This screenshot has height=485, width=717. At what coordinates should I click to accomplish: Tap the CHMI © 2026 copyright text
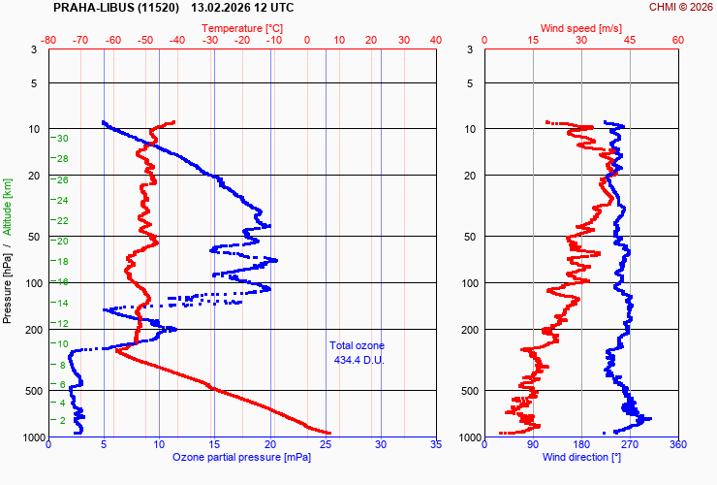680,8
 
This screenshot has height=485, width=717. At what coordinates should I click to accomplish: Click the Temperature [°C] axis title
243,29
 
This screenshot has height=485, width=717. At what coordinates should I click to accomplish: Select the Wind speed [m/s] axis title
581,29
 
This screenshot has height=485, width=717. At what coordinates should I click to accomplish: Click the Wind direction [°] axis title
581,457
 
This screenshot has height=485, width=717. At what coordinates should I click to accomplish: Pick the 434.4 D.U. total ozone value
357,360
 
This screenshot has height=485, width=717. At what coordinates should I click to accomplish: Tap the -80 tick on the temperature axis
49,41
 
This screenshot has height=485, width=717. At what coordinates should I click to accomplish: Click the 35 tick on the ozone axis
436,445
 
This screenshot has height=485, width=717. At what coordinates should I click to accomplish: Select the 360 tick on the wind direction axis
678,445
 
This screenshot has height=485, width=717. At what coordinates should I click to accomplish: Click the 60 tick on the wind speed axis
678,41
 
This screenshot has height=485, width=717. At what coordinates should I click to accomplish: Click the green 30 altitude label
62,139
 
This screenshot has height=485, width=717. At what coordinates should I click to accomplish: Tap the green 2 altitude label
63,420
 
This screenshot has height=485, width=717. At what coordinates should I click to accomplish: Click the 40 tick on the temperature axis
436,41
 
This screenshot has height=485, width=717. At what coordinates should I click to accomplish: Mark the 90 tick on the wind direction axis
533,445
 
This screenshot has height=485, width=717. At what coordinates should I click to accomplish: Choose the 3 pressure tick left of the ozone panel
34,49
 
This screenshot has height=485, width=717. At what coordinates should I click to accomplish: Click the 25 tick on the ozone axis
326,445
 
